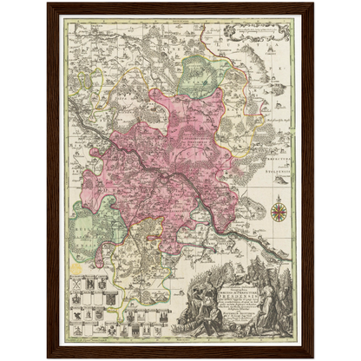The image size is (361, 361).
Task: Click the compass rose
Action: [x=279, y=209]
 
